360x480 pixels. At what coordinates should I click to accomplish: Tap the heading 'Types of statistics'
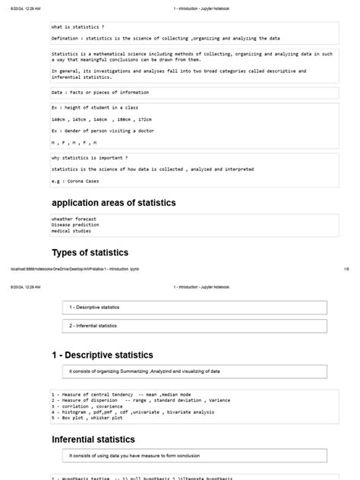[x=90, y=252]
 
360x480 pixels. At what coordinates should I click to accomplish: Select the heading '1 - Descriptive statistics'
[x=102, y=355]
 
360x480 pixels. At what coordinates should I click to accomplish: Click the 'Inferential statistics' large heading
[x=93, y=439]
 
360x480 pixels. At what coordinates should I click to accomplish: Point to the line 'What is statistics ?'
[x=77, y=27]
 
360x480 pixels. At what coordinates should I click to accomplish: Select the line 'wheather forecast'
[x=74, y=219]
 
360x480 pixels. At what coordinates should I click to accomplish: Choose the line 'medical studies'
[x=72, y=231]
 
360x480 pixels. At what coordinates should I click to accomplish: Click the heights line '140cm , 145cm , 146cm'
[x=92, y=119]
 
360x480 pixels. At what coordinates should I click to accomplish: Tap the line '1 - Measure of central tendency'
[x=121, y=395]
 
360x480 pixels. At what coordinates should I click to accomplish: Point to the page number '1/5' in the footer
[x=346, y=268]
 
